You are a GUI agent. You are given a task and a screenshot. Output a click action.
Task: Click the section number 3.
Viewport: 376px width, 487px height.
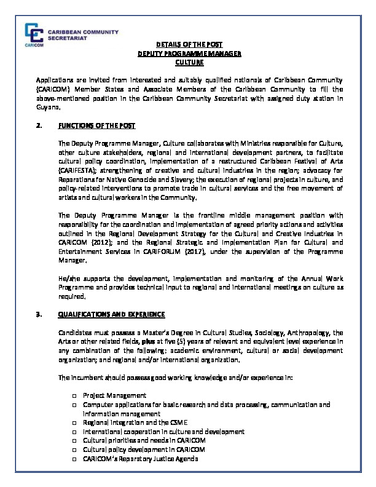tap(39, 314)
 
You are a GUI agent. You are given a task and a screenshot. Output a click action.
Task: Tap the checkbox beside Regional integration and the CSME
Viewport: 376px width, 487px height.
tap(74, 423)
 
